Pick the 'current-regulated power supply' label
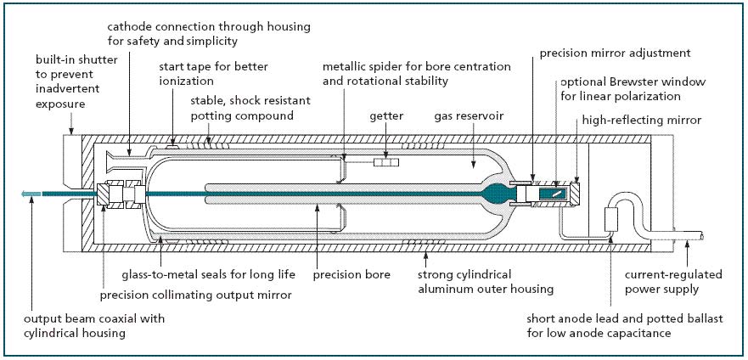673,282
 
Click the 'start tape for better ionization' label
216,74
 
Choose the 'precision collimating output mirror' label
195,295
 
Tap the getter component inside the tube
388,160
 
